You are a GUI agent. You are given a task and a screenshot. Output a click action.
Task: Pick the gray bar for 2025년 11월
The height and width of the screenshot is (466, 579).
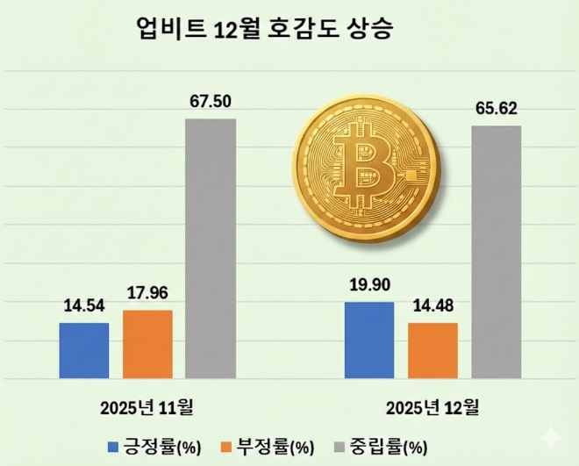coord(211,249)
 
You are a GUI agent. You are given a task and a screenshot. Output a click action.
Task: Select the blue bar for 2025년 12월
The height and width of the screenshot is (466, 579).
coord(369,341)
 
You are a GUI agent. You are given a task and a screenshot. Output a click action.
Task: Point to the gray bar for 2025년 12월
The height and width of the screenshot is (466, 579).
coord(496,253)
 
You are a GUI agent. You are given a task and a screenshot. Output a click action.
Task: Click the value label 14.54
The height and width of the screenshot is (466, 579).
coord(84,307)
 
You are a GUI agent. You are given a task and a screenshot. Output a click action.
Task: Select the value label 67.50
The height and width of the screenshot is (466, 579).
coord(211,103)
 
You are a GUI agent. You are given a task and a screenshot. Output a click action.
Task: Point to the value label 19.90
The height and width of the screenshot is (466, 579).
coord(369,286)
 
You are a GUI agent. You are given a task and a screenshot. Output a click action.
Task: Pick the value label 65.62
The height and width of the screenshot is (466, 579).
coord(496,110)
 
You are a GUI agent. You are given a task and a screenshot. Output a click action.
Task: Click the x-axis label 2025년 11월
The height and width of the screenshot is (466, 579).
coord(147,407)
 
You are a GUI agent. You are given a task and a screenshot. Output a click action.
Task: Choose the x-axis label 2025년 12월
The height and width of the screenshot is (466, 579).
coord(432,407)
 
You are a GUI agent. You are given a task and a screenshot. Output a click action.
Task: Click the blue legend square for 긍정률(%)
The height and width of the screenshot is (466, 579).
coord(112,447)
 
